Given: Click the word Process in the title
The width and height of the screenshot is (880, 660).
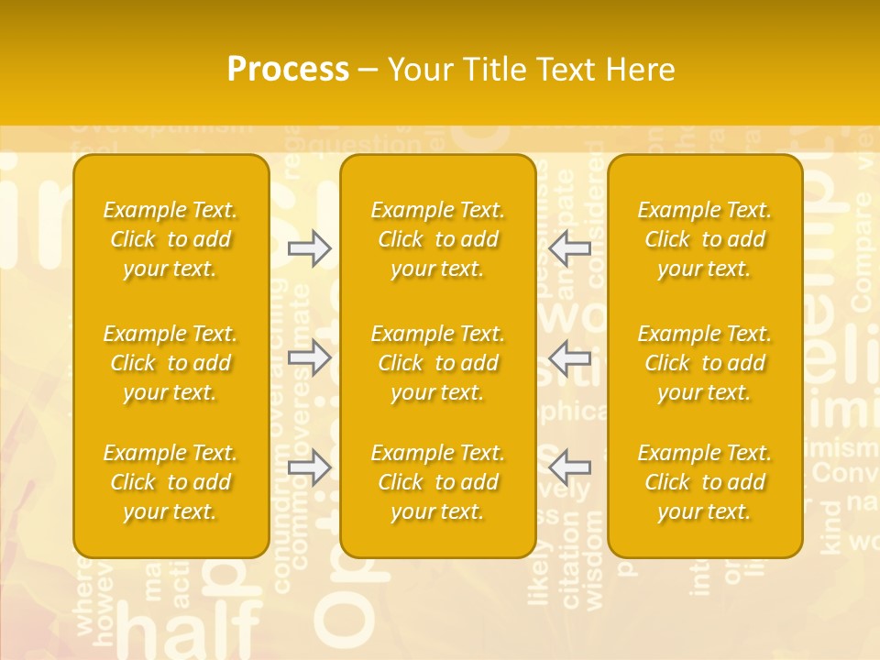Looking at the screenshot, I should [x=288, y=70].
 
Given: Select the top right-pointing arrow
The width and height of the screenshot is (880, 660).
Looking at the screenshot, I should [x=309, y=248].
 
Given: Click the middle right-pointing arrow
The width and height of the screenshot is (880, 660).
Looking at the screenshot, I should [x=309, y=357].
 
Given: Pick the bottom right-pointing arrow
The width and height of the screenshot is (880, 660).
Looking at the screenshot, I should [x=309, y=468].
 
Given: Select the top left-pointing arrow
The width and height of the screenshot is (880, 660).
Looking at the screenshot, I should [x=570, y=248].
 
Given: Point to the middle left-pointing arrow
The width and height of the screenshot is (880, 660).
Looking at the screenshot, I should [x=570, y=357].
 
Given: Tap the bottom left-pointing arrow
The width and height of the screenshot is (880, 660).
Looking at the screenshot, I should [x=570, y=468].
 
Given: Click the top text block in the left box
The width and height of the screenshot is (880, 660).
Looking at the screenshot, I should [x=170, y=239].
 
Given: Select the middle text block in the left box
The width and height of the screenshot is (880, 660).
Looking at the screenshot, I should [x=170, y=363].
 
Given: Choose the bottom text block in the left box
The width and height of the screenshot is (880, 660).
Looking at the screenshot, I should [x=170, y=482].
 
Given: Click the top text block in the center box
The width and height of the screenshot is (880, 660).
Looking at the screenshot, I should [x=438, y=239].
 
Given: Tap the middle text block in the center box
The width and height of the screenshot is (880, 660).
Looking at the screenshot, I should [x=438, y=363].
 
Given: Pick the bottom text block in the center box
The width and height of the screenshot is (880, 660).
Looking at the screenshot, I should [x=438, y=482].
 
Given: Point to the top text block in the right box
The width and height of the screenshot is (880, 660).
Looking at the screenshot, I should [x=705, y=239].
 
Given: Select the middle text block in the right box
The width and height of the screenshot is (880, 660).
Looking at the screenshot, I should [x=705, y=363].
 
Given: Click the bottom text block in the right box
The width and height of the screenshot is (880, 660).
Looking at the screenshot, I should [x=705, y=482].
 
